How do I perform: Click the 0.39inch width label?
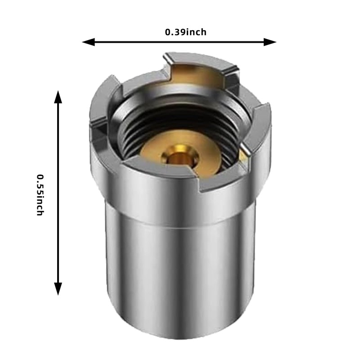click(185, 32)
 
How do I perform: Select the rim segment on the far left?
click(99, 106)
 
